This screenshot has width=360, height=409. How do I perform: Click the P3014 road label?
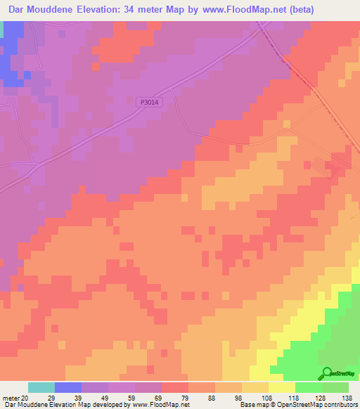[x=149, y=102]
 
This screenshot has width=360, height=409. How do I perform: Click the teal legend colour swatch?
[x=41, y=387]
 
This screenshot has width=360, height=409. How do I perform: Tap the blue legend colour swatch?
[x=67, y=387]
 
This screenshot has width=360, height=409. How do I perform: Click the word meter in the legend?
[x=10, y=397]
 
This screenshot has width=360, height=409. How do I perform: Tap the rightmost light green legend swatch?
[x=335, y=387]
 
